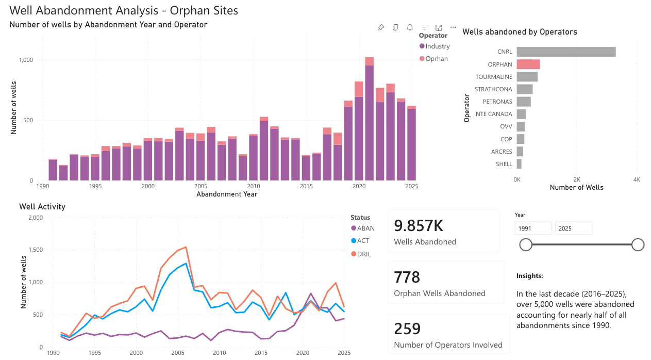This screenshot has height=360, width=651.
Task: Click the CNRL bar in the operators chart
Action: point(566,52)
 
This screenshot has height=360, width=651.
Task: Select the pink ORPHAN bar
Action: point(528,64)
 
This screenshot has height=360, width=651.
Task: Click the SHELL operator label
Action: point(504,164)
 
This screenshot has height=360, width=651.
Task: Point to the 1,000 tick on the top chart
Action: point(26,60)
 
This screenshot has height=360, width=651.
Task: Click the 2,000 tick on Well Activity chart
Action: point(35,218)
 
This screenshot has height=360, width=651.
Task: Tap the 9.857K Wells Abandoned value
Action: point(419,226)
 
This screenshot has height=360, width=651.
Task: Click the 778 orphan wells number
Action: point(407,277)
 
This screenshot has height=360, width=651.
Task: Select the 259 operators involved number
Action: point(407,329)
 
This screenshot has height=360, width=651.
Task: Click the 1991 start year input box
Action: point(533,228)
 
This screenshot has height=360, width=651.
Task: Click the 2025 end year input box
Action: point(573,228)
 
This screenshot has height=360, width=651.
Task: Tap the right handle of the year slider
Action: point(638,244)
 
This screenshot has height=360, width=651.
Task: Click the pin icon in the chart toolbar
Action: point(381,27)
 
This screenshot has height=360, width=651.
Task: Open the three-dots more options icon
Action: point(453,27)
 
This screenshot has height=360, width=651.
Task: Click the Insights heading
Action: point(529,276)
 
